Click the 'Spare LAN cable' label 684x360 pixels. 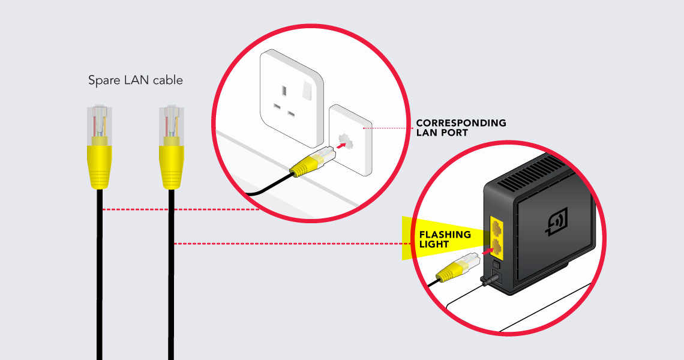[135, 80]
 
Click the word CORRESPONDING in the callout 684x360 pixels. [461, 123]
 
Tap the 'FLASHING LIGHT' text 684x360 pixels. [445, 239]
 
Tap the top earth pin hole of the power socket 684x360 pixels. [284, 91]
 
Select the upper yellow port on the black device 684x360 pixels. [497, 227]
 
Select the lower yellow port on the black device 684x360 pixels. [497, 247]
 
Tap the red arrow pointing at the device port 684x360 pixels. [488, 251]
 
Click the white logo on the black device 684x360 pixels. [557, 221]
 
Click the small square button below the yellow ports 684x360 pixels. [496, 265]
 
